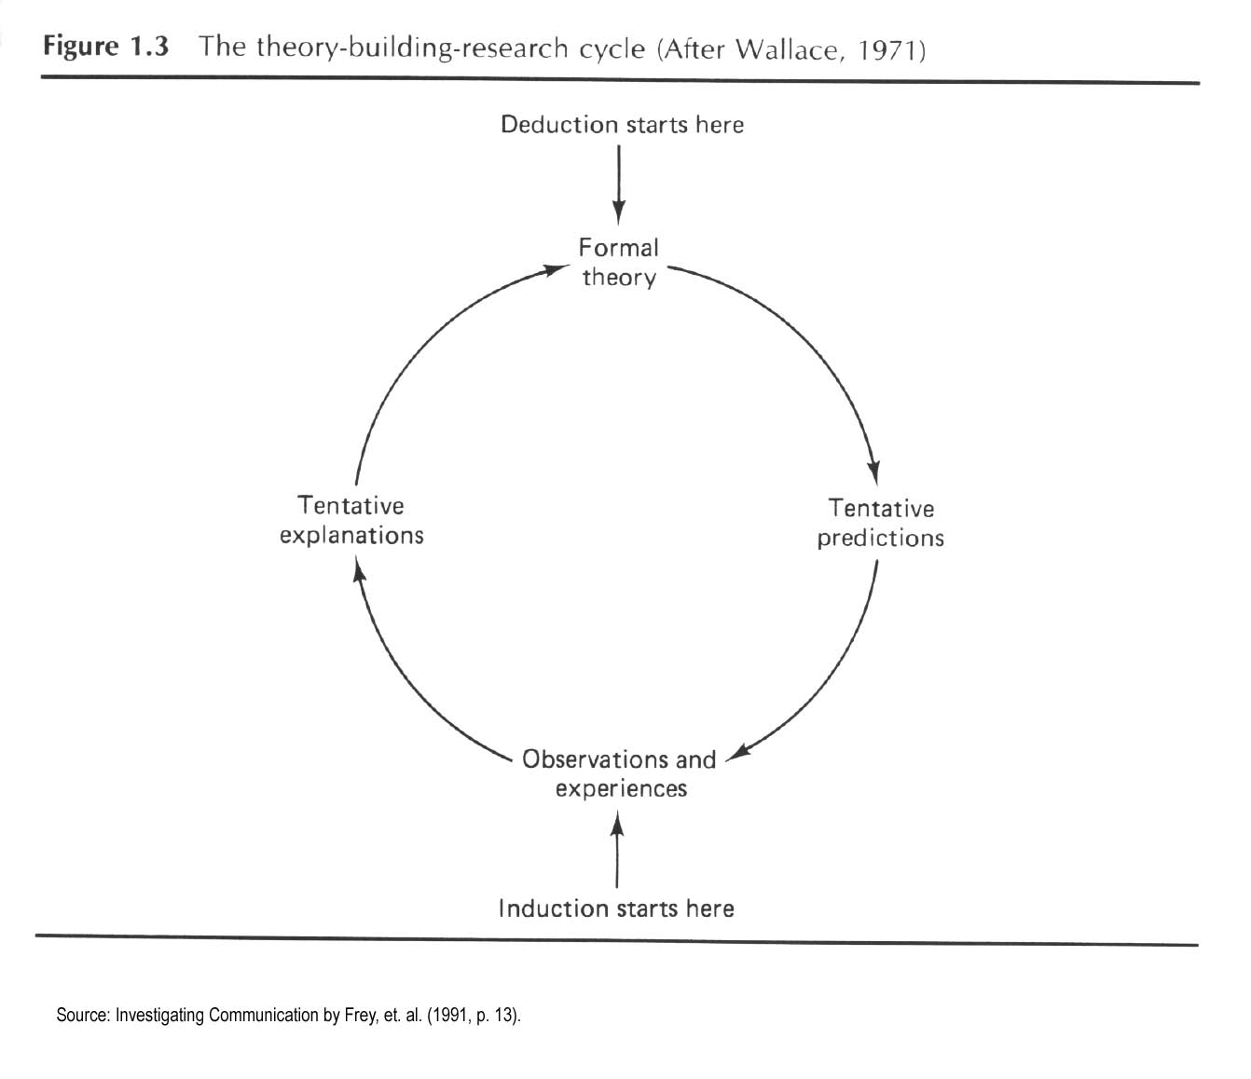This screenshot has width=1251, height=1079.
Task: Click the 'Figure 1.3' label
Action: (105, 48)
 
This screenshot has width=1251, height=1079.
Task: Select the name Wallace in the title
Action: (786, 49)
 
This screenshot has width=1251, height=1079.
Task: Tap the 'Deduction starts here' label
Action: (622, 125)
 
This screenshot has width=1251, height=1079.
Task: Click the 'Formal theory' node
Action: (619, 263)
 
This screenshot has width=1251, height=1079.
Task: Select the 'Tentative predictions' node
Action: (881, 523)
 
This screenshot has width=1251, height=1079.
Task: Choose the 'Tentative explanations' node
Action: (351, 521)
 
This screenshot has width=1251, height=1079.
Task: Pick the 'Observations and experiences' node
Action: (619, 774)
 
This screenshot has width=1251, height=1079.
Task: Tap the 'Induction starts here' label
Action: (616, 908)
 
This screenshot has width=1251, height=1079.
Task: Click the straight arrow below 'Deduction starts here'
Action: (619, 184)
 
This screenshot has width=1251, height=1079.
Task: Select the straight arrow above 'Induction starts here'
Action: (617, 850)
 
